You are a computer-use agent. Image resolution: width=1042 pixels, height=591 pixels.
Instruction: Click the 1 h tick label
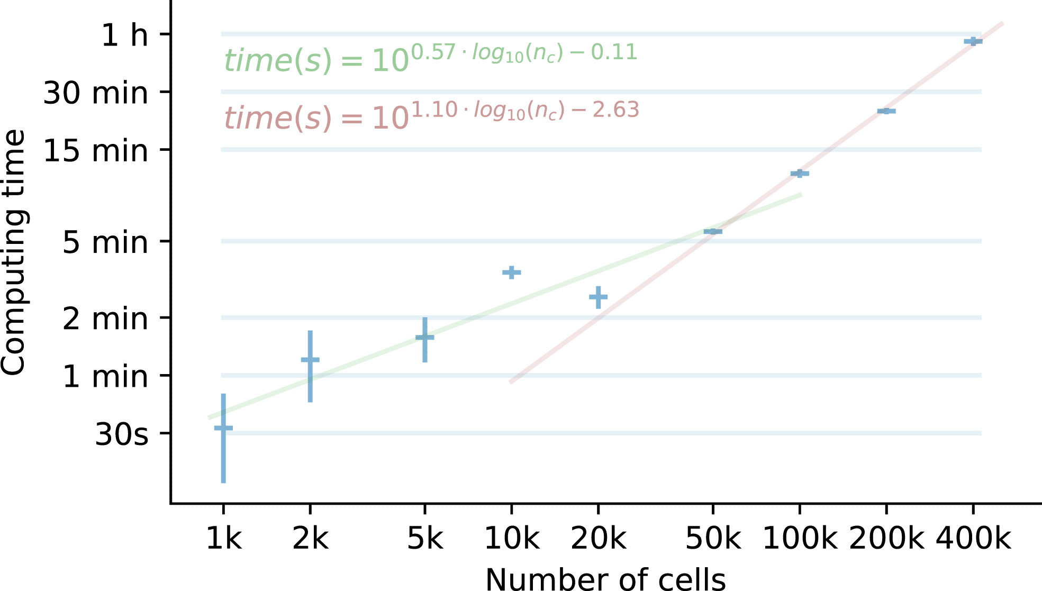pyautogui.click(x=124, y=35)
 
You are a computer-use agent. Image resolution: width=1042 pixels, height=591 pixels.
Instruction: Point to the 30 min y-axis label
pyautogui.click(x=95, y=93)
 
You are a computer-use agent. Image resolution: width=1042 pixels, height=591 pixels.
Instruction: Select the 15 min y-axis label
pyautogui.click(x=95, y=151)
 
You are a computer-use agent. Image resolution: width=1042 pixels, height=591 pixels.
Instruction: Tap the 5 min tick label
pyautogui.click(x=105, y=242)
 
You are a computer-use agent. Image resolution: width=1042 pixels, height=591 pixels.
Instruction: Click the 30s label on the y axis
pyautogui.click(x=121, y=434)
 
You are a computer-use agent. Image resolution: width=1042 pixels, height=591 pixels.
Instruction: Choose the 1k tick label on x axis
pyautogui.click(x=223, y=539)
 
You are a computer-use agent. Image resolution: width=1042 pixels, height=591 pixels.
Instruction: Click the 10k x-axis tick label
pyautogui.click(x=511, y=539)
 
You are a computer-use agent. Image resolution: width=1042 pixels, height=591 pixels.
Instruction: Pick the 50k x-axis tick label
pyautogui.click(x=713, y=539)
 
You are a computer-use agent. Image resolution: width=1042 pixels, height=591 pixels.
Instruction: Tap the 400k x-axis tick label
pyautogui.click(x=973, y=539)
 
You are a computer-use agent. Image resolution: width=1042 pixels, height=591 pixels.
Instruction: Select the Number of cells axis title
pyautogui.click(x=605, y=579)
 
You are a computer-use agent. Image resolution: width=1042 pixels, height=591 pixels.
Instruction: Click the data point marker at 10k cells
pyautogui.click(x=511, y=272)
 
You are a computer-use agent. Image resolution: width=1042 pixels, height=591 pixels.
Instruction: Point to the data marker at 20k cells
pyautogui.click(x=598, y=297)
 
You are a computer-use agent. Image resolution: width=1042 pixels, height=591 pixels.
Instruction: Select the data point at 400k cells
pyautogui.click(x=973, y=41)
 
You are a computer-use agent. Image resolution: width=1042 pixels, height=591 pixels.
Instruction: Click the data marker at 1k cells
pyautogui.click(x=223, y=428)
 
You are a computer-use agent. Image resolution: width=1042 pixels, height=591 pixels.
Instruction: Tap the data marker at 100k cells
pyautogui.click(x=799, y=174)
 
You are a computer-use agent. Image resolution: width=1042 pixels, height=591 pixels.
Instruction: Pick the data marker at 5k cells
pyautogui.click(x=424, y=337)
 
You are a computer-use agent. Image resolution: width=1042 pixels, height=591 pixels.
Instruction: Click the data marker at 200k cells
pyautogui.click(x=886, y=111)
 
